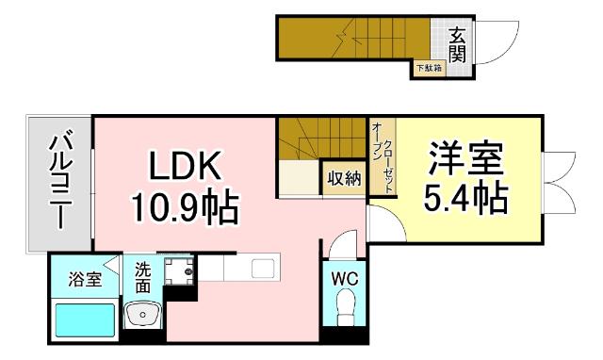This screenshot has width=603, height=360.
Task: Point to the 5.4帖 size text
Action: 466,197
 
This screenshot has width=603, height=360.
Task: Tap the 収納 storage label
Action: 343,178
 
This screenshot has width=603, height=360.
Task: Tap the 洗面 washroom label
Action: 143,275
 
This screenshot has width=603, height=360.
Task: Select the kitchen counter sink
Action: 262,269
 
